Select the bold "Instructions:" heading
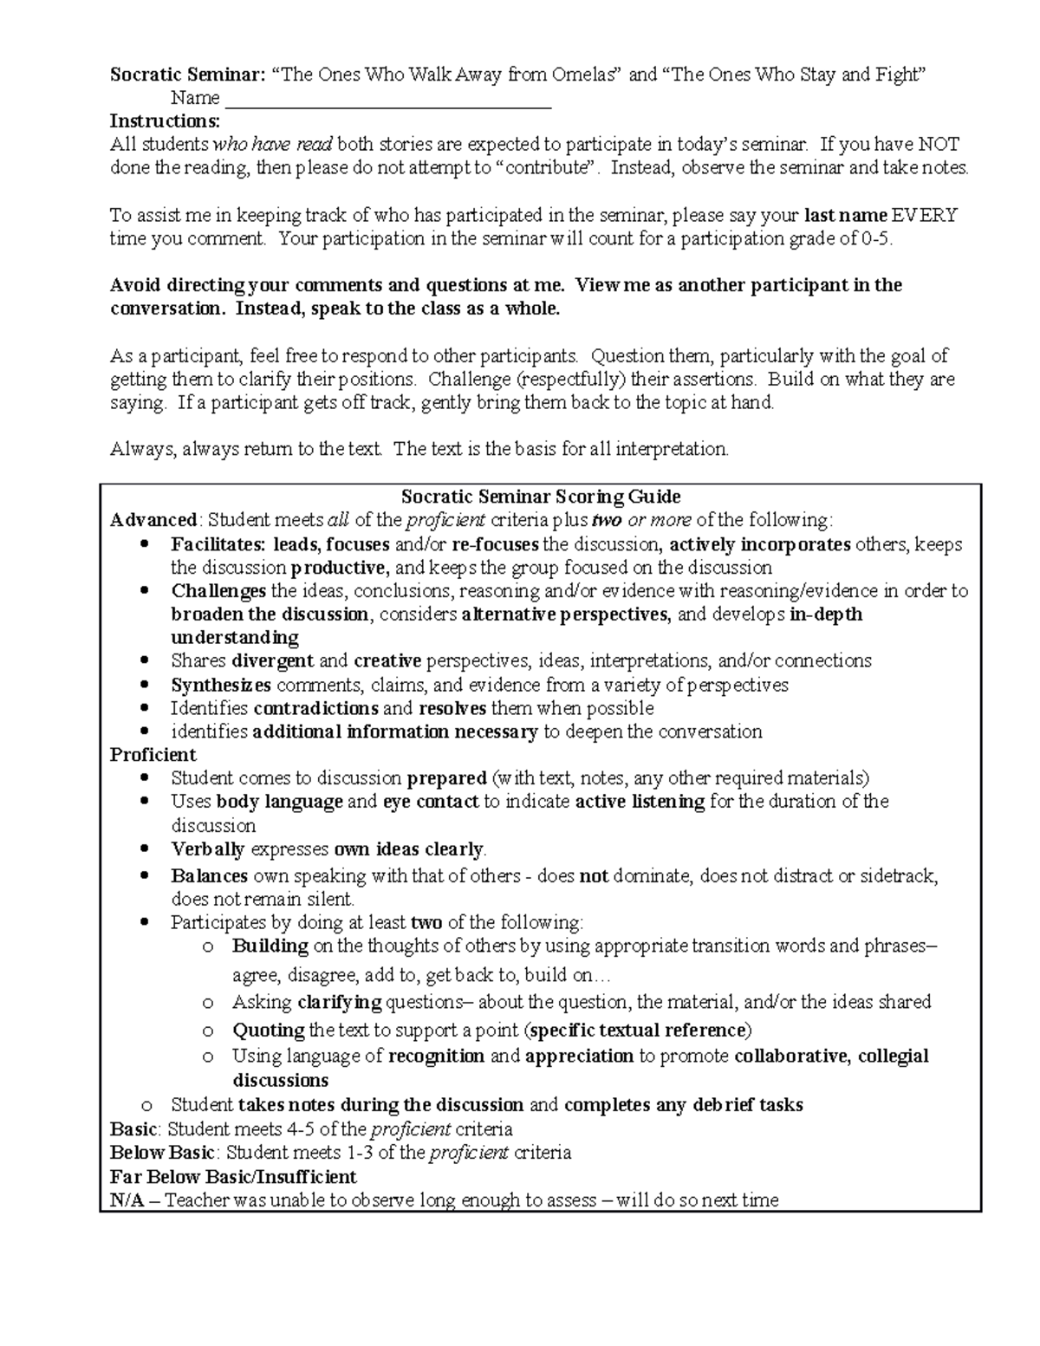click(x=166, y=120)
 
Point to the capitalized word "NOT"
click(x=939, y=144)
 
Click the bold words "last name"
click(x=846, y=215)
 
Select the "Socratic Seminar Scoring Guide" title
click(x=541, y=497)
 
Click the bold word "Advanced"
click(x=153, y=520)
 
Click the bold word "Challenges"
click(x=218, y=591)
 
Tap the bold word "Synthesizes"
click(x=221, y=685)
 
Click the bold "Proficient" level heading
click(x=153, y=754)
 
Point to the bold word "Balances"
click(x=210, y=875)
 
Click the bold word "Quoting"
click(x=269, y=1031)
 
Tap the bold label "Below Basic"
click(x=162, y=1153)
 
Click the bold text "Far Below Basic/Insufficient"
click(x=233, y=1176)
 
